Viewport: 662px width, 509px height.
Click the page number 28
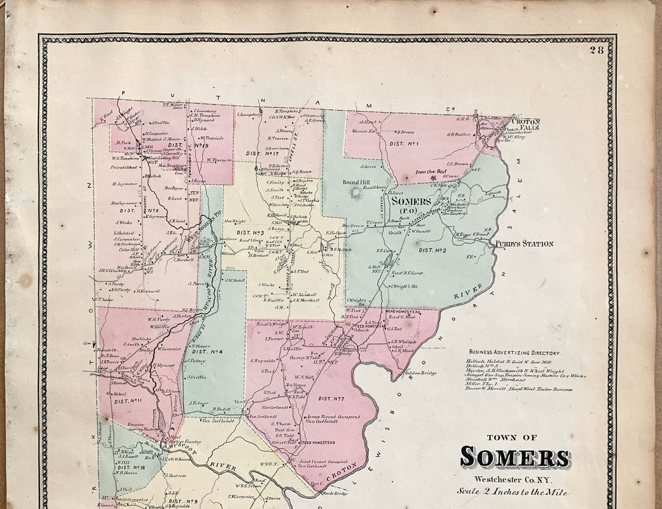coord(596,50)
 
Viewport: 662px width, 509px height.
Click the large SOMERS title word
coord(515,457)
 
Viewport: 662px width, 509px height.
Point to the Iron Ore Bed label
coord(431,172)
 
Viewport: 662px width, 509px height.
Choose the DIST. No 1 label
coord(405,143)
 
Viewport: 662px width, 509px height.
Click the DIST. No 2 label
coord(432,250)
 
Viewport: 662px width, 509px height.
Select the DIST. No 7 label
coord(332,399)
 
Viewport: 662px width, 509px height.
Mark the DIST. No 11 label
coord(129,401)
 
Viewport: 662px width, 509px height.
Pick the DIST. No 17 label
coord(260,153)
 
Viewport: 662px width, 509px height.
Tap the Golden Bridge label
coord(421,373)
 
